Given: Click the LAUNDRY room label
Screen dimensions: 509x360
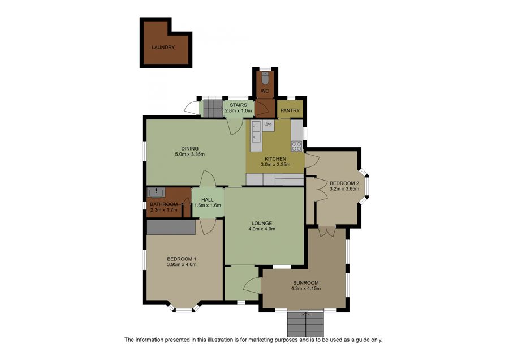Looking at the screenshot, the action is pos(163,48).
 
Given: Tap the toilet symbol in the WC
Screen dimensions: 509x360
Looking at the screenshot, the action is pos(265,78).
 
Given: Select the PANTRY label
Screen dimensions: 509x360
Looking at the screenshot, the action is pos(290,110).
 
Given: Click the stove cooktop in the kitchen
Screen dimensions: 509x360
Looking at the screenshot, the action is pos(297,146).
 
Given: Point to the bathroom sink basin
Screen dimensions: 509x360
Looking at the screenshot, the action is pos(156,192).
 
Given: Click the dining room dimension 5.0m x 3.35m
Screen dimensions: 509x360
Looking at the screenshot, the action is pos(190,155).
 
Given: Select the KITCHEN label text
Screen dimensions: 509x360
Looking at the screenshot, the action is pos(275,159).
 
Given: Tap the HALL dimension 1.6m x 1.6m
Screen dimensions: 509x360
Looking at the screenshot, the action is pos(208,205).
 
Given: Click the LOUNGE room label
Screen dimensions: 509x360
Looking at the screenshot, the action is pos(262,224).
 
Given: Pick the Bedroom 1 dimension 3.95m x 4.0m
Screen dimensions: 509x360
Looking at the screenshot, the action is pos(182,264).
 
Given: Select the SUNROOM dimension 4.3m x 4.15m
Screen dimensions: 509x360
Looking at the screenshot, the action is pos(306,288).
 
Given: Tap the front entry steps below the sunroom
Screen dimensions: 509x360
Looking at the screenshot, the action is pos(305,324).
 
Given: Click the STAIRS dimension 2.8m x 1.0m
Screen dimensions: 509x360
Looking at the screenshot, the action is pos(239,110).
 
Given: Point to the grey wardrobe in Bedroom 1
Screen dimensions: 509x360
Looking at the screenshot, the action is pos(171,227).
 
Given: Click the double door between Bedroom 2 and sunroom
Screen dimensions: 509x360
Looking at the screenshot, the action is pos(326,231).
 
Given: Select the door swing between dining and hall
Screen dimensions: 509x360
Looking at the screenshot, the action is pos(208,178).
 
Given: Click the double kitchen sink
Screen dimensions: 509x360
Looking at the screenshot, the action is pos(256,131).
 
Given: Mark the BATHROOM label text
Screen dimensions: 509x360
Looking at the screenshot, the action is pos(163,204).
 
